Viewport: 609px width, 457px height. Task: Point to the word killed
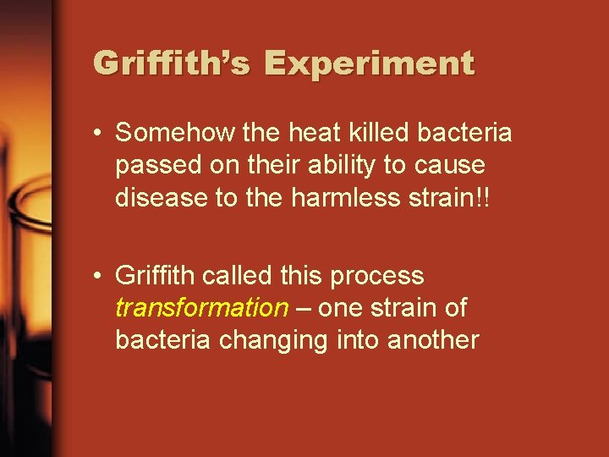click(341, 134)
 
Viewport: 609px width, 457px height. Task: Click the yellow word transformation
click(201, 307)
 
